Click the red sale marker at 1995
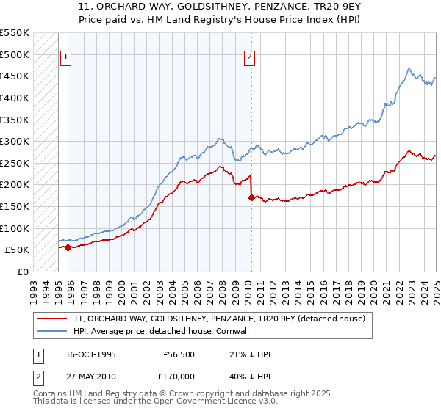(68, 247)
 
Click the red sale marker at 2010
(251, 197)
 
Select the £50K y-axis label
(18, 250)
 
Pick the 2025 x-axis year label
(436, 287)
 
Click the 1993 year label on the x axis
(34, 287)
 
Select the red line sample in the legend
(52, 319)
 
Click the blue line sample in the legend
(52, 332)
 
